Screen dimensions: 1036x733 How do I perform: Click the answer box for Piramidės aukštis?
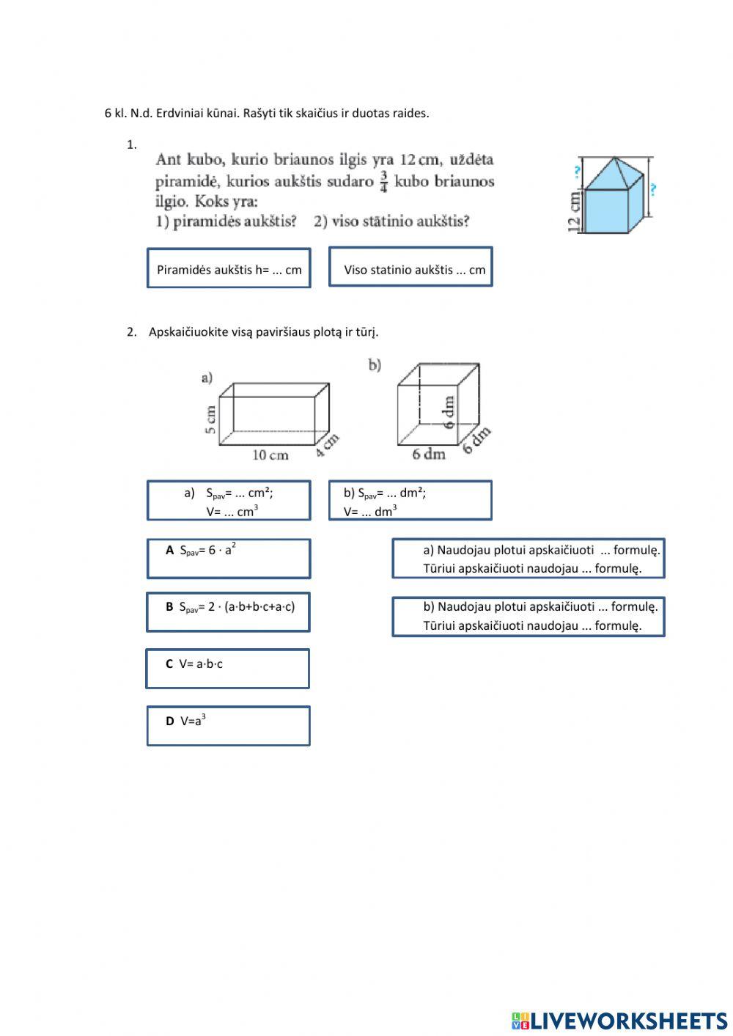tap(229, 268)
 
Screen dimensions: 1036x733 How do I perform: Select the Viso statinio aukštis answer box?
tap(410, 267)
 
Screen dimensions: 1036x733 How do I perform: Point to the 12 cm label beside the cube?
tap(575, 211)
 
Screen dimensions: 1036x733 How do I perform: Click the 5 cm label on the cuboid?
tap(211, 419)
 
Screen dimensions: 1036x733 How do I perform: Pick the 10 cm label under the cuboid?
tap(270, 455)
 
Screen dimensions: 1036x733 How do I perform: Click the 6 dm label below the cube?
tap(429, 454)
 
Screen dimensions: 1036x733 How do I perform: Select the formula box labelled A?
tap(229, 559)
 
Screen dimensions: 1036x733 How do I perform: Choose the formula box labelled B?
tap(229, 612)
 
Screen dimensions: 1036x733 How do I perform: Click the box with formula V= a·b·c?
tap(228, 669)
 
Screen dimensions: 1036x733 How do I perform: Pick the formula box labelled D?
tap(229, 726)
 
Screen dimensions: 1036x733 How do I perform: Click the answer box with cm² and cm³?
tap(229, 501)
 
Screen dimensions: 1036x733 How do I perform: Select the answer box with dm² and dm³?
tap(410, 501)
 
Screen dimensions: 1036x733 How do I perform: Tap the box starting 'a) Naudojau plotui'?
tap(528, 558)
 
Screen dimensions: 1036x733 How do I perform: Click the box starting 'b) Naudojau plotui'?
tap(528, 616)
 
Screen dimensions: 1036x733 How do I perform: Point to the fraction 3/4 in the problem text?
tap(384, 181)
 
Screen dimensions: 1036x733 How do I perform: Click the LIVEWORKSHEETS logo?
tap(619, 1020)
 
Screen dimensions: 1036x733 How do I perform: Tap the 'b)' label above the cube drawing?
tap(375, 364)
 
